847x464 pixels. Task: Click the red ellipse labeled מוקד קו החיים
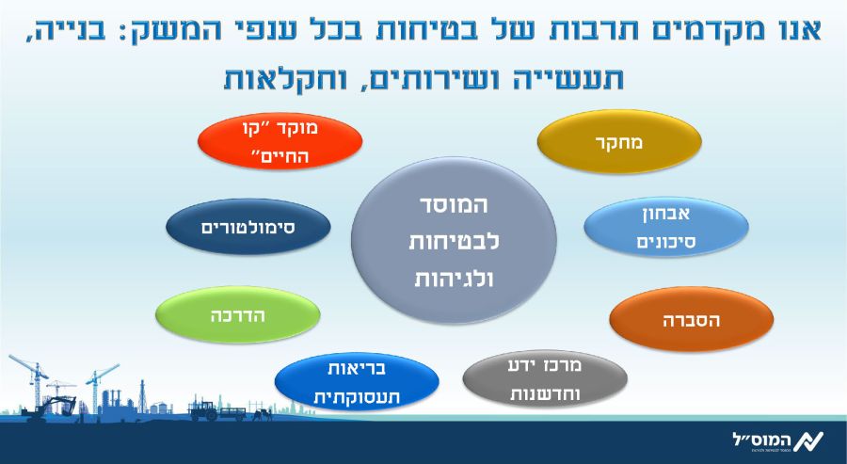(280, 141)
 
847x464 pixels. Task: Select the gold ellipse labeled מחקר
(619, 141)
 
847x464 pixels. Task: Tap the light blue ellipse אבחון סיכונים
(666, 227)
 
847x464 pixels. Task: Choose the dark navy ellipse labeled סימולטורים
(248, 227)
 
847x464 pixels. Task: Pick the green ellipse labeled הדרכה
(238, 315)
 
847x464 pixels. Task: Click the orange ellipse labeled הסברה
(692, 319)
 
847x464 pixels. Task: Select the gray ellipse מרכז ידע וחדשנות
(545, 379)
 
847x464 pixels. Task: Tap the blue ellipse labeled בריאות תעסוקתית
(357, 382)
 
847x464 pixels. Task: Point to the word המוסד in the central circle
(454, 205)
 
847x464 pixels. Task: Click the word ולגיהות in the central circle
(454, 279)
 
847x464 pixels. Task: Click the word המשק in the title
(149, 31)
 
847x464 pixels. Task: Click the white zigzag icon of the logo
(808, 440)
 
